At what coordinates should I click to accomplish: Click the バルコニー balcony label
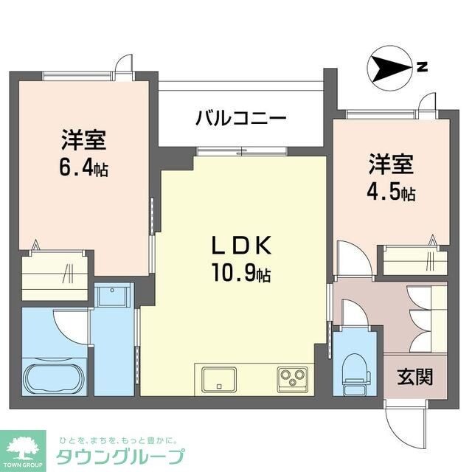coord(241,117)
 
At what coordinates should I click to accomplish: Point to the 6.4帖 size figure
coord(84,168)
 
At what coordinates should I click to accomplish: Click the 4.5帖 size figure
coord(391,193)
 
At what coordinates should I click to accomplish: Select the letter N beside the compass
coord(422,67)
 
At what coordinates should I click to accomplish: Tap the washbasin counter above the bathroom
coord(113,298)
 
